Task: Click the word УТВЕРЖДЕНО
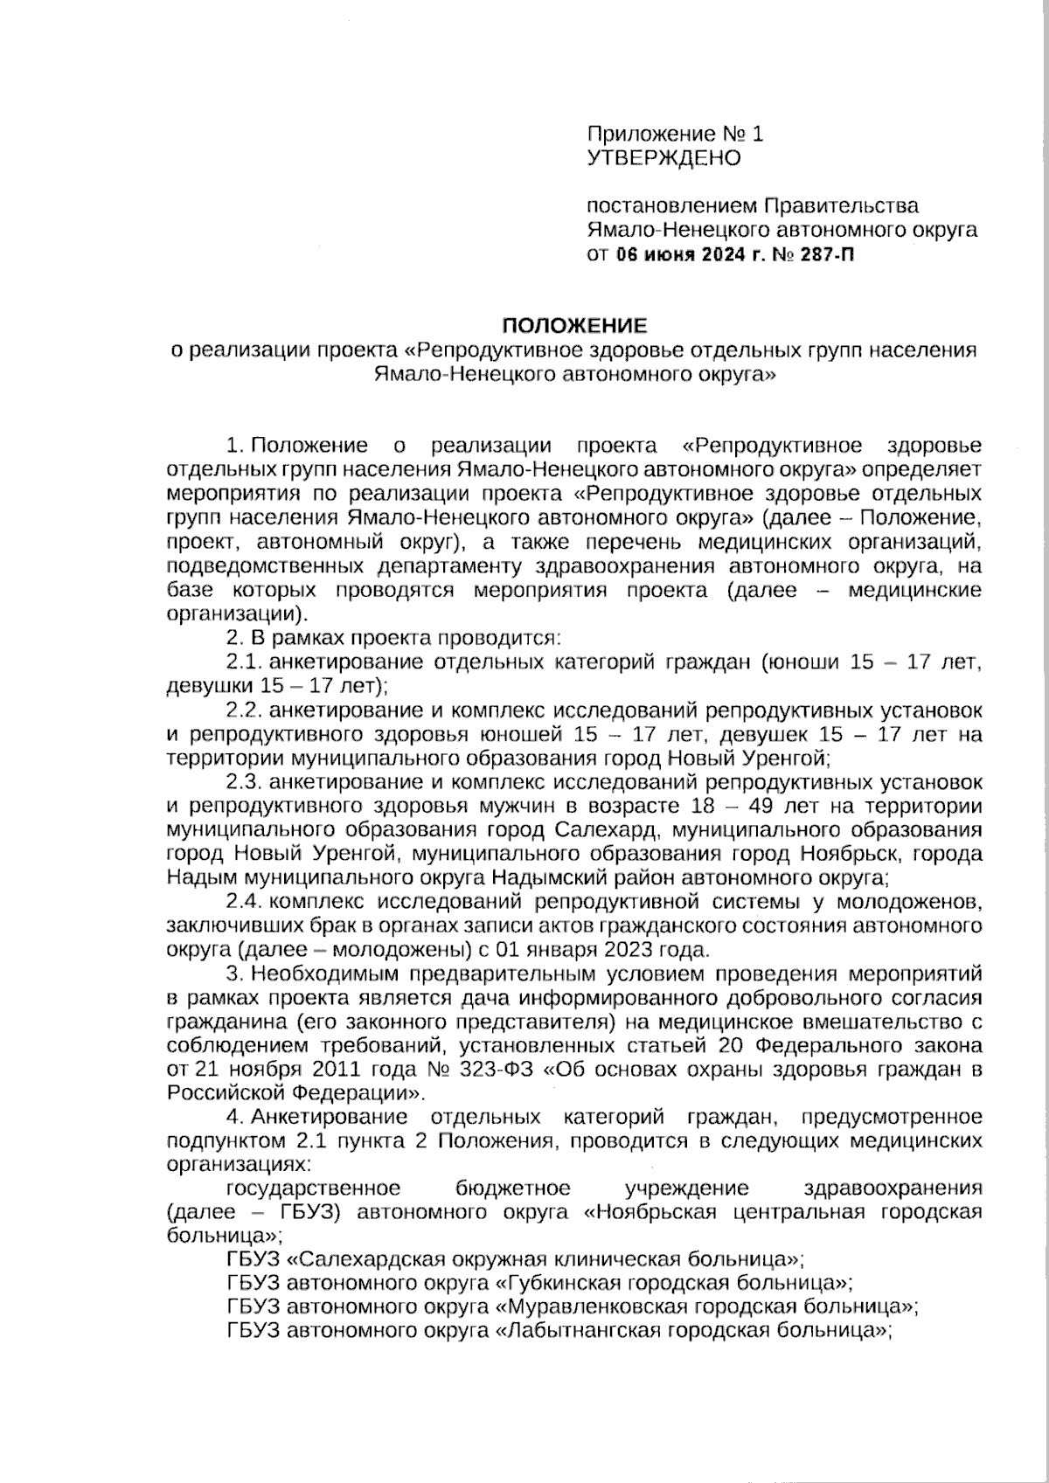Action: [663, 158]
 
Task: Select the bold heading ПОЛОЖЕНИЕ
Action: [573, 326]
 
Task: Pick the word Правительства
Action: [841, 206]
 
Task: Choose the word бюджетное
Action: [513, 1188]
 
